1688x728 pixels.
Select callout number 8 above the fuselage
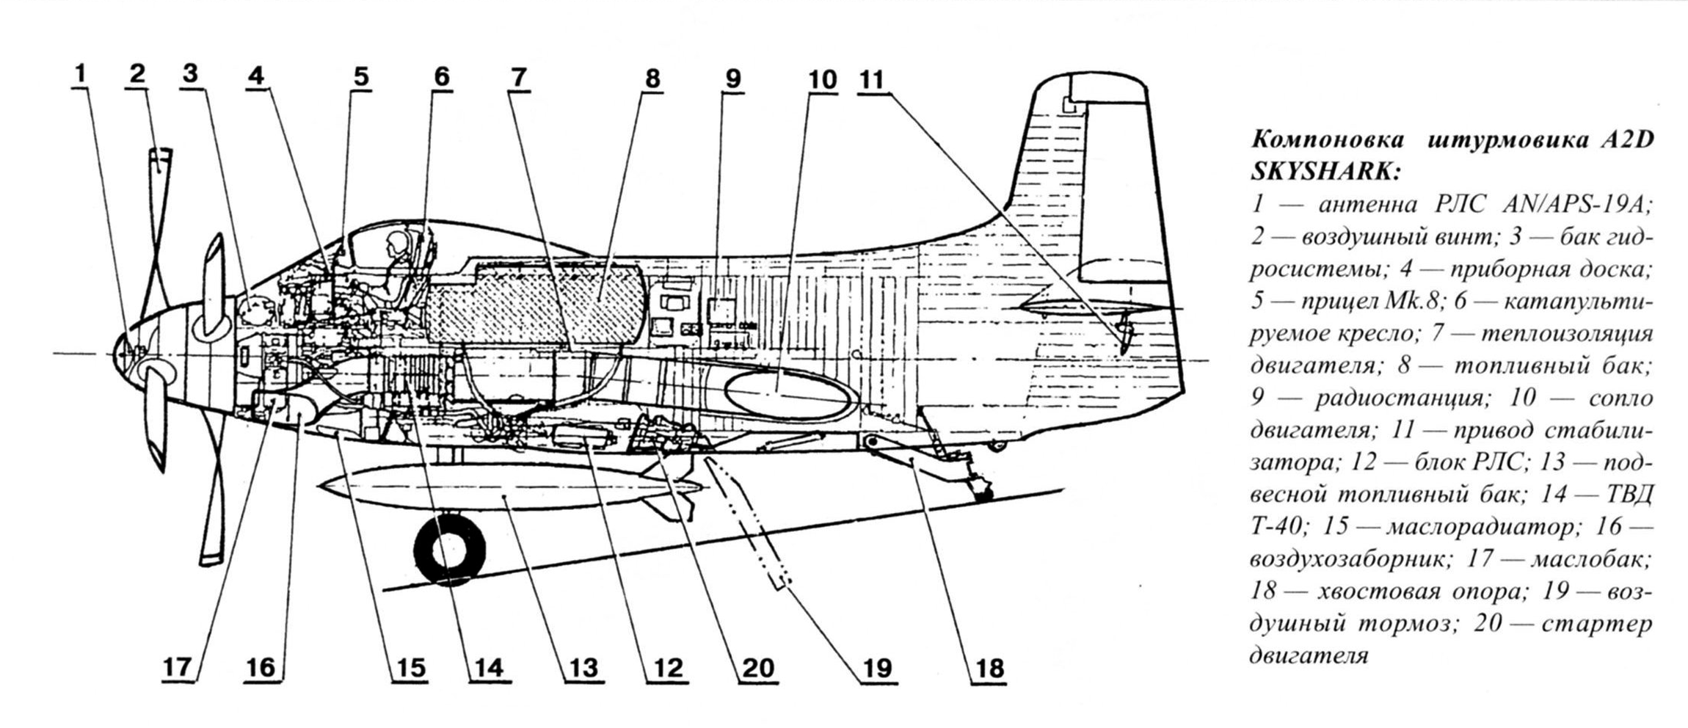click(x=652, y=79)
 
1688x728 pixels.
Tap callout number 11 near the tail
click(x=873, y=79)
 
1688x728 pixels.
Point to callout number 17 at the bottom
click(x=177, y=667)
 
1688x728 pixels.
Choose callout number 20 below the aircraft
click(x=758, y=668)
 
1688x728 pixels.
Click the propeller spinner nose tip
click(x=114, y=354)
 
